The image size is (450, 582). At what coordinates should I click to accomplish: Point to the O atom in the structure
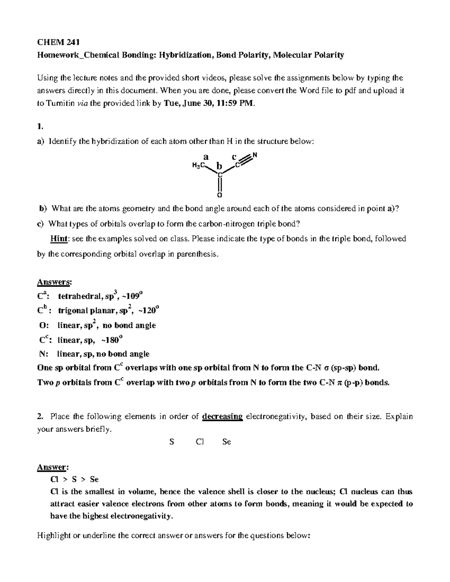220,195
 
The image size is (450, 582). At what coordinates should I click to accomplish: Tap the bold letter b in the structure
219,165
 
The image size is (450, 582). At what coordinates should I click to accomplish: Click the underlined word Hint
59,239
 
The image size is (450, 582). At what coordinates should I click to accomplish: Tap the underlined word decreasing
222,416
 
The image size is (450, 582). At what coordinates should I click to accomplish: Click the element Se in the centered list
226,442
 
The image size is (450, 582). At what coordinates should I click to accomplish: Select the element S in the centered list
171,442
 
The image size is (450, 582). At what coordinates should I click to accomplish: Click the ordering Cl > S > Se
74,479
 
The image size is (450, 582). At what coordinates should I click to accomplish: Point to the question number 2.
40,416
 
